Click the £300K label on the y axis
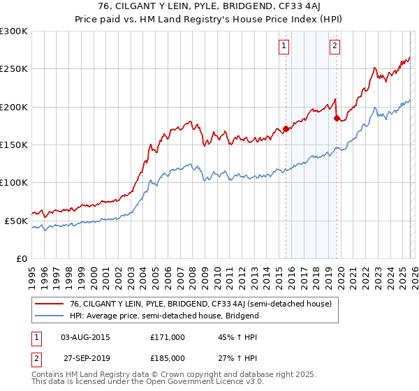coord(14,31)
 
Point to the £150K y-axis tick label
coord(14,145)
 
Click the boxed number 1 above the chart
coord(285,47)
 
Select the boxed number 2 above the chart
coord(335,47)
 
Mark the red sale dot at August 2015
coord(286,129)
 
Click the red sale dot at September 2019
coord(337,119)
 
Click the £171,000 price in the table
coord(168,337)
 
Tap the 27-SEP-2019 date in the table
coord(85,357)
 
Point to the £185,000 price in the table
coord(168,357)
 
